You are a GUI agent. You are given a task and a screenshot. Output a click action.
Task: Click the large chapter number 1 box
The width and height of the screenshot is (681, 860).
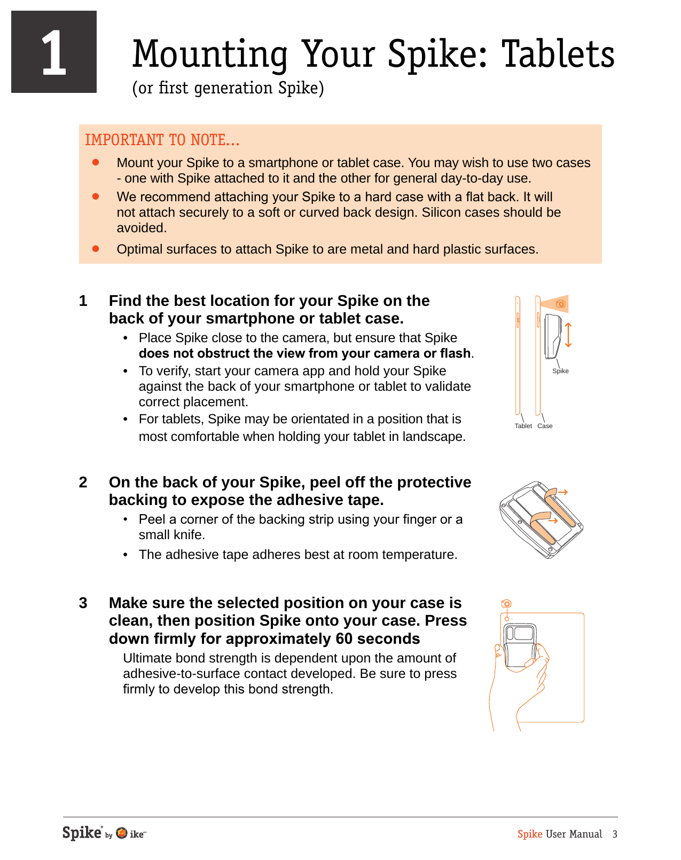pyautogui.click(x=54, y=52)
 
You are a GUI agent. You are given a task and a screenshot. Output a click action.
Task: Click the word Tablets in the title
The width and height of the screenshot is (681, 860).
pyautogui.click(x=558, y=54)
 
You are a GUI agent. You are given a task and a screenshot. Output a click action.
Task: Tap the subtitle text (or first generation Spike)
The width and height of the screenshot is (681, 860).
pyautogui.click(x=228, y=88)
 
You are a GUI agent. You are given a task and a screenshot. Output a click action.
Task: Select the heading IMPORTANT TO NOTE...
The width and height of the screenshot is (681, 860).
pyautogui.click(x=162, y=140)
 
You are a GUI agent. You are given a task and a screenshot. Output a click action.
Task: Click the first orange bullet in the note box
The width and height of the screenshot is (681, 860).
pyautogui.click(x=96, y=162)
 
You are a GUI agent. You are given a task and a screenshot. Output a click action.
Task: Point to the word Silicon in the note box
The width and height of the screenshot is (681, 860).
pyautogui.click(x=441, y=212)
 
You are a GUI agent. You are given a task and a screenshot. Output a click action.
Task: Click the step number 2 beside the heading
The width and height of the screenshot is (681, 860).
pyautogui.click(x=83, y=483)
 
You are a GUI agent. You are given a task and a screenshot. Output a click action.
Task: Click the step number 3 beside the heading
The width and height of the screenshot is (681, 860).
pyautogui.click(x=83, y=603)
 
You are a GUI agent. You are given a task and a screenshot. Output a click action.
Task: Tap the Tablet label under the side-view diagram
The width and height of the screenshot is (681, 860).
pyautogui.click(x=523, y=426)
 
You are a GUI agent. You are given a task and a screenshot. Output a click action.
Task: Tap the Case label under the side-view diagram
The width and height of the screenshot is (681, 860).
pyautogui.click(x=545, y=426)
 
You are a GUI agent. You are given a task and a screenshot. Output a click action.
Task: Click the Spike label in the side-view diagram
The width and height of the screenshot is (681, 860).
pyautogui.click(x=560, y=371)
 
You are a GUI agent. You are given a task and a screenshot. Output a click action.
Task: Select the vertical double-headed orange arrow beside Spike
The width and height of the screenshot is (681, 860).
pyautogui.click(x=568, y=335)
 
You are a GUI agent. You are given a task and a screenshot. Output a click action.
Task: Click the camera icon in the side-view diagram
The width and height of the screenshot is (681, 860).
pyautogui.click(x=560, y=304)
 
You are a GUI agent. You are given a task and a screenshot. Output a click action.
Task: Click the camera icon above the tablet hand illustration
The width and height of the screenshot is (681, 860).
pyautogui.click(x=506, y=604)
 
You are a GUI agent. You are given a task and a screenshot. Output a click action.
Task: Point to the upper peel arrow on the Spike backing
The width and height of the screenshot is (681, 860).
pyautogui.click(x=562, y=492)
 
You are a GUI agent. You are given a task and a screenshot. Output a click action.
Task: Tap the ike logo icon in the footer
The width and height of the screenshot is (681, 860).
pyautogui.click(x=122, y=833)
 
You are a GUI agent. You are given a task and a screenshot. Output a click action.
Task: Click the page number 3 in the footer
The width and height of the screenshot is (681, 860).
pyautogui.click(x=615, y=834)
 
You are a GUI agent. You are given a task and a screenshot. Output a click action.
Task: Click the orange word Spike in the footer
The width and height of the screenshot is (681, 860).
pyautogui.click(x=530, y=834)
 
